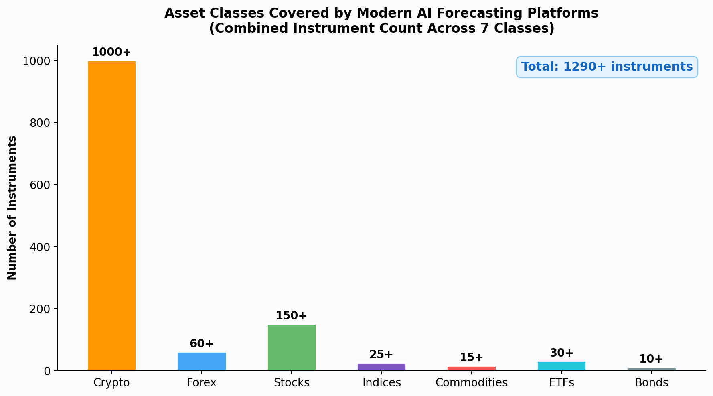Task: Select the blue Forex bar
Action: (202, 361)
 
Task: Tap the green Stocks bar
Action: (292, 347)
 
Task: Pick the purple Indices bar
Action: (381, 366)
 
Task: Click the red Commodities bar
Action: (472, 368)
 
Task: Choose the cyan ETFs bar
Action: (561, 366)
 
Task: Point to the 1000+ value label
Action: (111, 53)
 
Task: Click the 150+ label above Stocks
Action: (292, 316)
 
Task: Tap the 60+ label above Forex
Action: (202, 344)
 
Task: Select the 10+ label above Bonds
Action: (651, 359)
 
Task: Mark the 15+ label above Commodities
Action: (472, 357)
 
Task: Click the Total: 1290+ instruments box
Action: (607, 67)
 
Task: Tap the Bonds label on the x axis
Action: (651, 383)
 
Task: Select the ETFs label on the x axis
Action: (561, 383)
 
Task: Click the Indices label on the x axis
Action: (381, 383)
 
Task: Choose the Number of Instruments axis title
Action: (12, 208)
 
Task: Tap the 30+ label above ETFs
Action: (561, 353)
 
